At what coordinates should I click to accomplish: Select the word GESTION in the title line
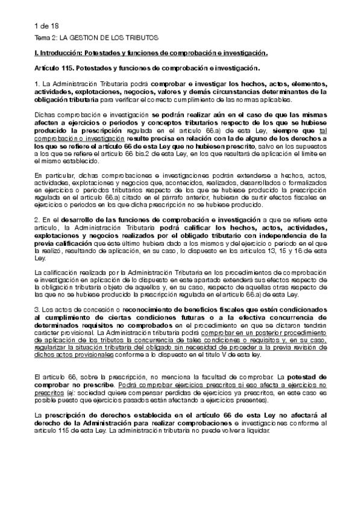click(81, 37)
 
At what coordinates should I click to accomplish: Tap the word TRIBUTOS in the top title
click(133, 37)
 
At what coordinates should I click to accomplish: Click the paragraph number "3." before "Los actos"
click(37, 308)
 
